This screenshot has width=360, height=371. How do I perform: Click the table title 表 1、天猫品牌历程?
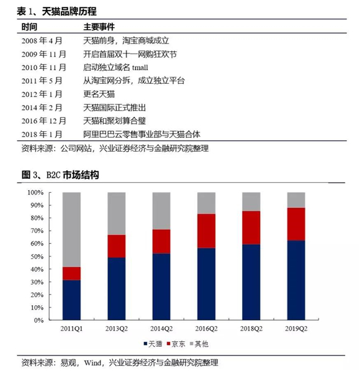(56, 11)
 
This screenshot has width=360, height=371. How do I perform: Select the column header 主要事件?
(99, 27)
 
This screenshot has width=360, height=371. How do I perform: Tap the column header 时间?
(29, 27)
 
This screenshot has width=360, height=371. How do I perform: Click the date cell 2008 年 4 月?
(42, 40)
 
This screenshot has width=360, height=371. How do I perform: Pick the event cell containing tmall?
(115, 68)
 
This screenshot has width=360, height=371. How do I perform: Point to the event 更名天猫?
(99, 94)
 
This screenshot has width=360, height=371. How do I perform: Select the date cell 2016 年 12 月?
(43, 121)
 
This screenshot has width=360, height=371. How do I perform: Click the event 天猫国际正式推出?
(114, 108)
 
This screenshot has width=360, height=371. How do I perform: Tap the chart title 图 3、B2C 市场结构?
(60, 175)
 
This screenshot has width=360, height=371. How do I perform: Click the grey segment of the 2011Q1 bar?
(71, 229)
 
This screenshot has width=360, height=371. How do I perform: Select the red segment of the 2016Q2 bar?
(206, 231)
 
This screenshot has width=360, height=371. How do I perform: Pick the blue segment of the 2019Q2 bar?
(296, 280)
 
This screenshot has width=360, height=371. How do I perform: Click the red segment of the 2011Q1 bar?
(71, 273)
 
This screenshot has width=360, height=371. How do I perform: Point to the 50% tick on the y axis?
(49, 256)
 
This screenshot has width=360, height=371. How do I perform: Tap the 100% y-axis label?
(35, 193)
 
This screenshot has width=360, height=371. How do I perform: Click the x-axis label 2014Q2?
(161, 329)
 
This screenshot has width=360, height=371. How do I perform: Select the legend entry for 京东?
(176, 344)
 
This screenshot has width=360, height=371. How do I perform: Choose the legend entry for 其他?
(199, 344)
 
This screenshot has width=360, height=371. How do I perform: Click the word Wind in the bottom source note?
(92, 363)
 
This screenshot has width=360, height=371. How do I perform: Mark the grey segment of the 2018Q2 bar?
(251, 202)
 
